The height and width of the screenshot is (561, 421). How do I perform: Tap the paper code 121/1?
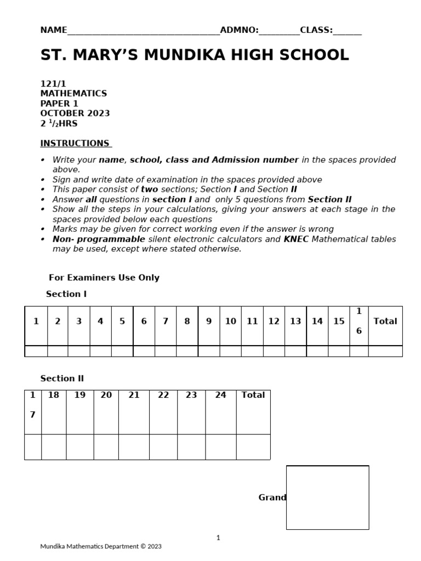click(53, 84)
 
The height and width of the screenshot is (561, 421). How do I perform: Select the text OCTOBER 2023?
click(75, 113)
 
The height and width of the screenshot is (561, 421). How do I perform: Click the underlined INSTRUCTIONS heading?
click(75, 144)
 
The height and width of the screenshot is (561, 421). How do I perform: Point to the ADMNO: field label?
click(239, 30)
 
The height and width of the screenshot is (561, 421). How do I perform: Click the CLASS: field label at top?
click(316, 30)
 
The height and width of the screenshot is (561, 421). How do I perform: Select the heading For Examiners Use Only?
click(104, 278)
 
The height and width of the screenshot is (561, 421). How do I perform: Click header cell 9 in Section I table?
click(208, 322)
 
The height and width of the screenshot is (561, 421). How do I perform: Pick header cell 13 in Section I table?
click(295, 322)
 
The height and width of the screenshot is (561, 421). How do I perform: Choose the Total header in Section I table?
click(385, 322)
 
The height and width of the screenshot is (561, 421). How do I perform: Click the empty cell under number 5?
click(122, 351)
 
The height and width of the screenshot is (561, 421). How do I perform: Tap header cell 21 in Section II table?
click(134, 395)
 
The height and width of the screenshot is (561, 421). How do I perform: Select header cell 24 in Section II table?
click(220, 395)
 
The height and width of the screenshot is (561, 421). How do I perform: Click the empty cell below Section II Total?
click(253, 447)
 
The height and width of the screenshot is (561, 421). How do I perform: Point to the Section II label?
click(62, 379)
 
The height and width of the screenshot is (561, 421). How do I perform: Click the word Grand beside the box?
click(272, 497)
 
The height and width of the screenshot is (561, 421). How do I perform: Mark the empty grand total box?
click(327, 497)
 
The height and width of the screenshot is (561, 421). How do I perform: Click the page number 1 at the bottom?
click(218, 538)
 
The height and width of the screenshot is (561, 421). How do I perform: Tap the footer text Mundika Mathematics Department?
click(101, 546)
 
